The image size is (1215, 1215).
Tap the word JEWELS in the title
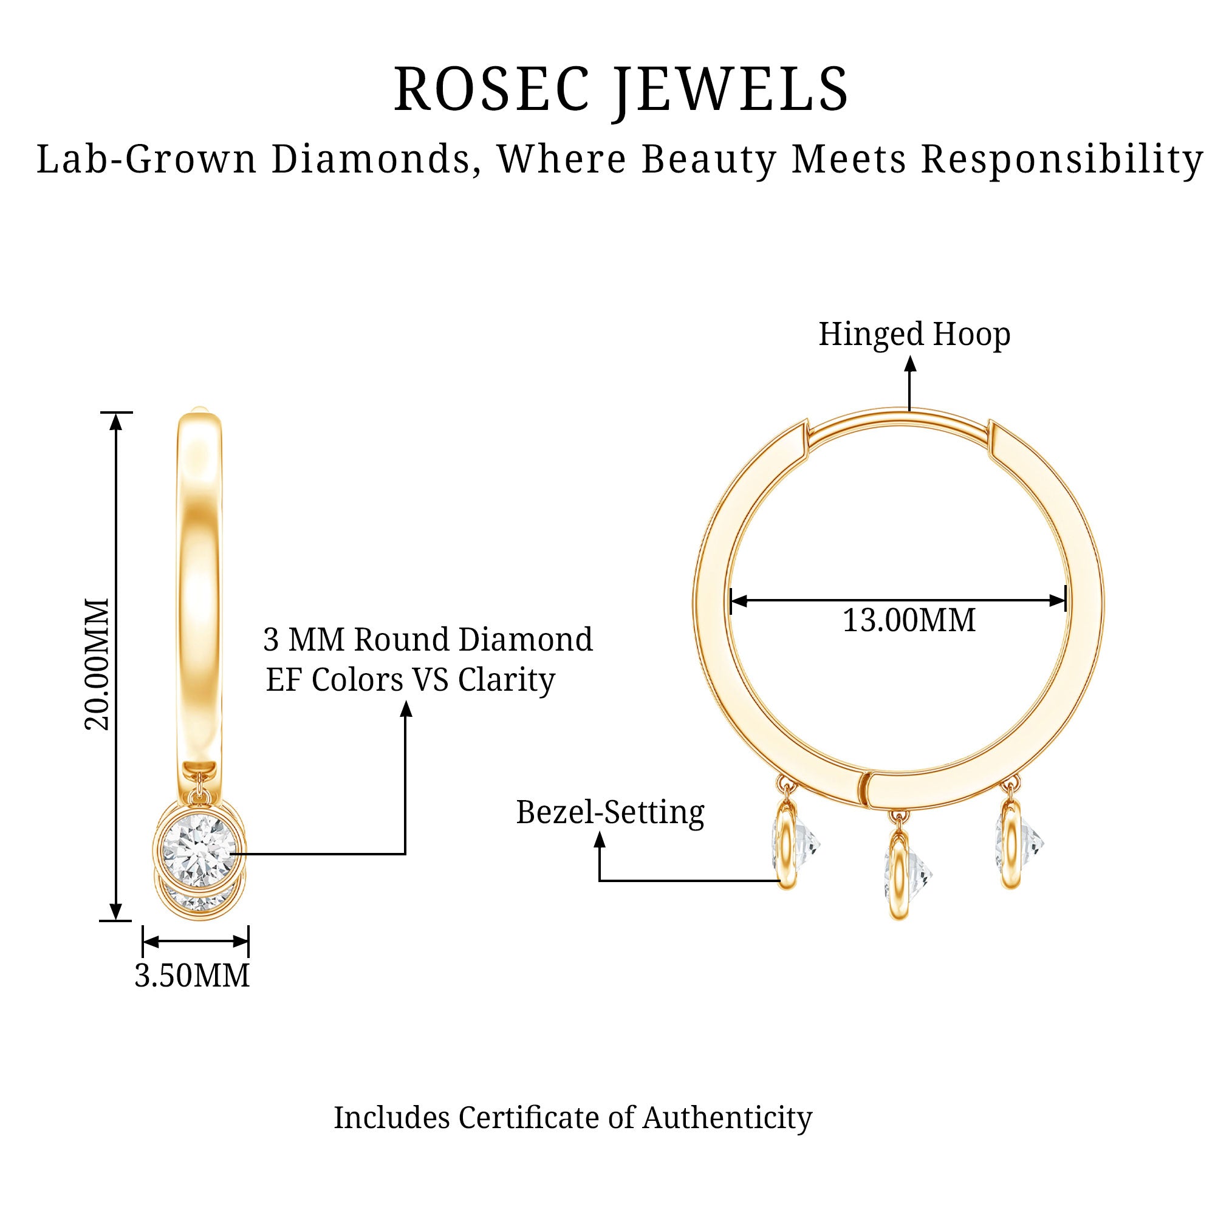coord(731,92)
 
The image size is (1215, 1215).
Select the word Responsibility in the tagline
coord(1062,160)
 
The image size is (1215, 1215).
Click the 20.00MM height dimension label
coord(97,664)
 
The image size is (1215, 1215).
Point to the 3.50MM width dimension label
coord(193,976)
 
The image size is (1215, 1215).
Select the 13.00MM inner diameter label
coord(909,621)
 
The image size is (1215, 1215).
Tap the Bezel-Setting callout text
coord(610,812)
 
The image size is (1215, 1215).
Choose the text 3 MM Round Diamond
coord(428,640)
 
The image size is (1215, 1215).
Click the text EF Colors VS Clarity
coord(411,680)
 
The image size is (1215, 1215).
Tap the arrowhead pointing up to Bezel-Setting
coord(600,840)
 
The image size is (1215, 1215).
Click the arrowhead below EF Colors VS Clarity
coord(406,708)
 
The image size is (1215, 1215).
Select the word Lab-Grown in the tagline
coord(146,159)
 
